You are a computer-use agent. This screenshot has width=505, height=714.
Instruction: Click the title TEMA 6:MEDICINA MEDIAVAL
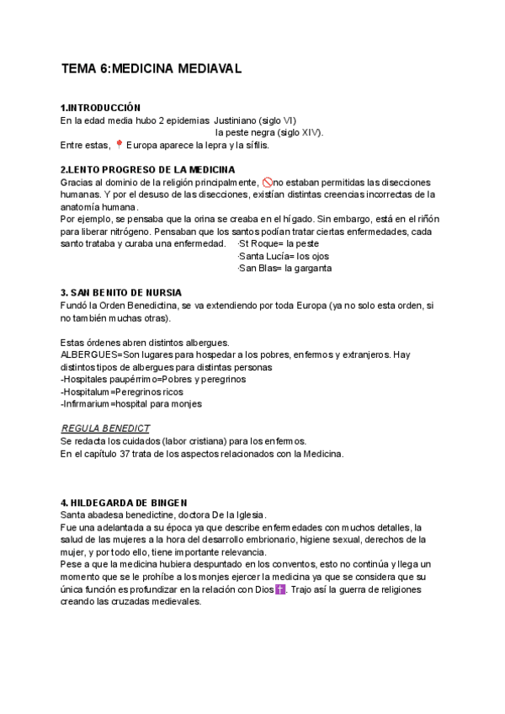[x=151, y=70]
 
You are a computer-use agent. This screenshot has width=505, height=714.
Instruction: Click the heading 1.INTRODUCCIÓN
[x=100, y=108]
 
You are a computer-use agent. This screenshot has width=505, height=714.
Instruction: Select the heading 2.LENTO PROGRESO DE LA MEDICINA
[x=148, y=169]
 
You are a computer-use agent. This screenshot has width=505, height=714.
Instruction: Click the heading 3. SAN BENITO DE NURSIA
[x=121, y=293]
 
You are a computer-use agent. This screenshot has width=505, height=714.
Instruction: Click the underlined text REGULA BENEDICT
[x=105, y=429]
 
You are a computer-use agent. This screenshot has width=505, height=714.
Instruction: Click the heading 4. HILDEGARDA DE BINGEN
[x=125, y=503]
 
